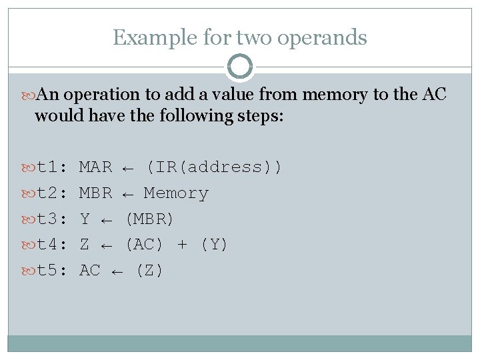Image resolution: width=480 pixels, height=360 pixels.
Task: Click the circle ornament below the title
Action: click(x=240, y=67)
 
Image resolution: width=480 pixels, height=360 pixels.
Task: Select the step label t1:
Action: click(x=53, y=167)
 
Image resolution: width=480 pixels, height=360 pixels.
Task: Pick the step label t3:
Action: click(x=53, y=219)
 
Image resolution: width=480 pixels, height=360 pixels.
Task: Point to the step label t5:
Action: click(x=53, y=271)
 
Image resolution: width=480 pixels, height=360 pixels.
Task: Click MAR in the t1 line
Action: click(x=95, y=167)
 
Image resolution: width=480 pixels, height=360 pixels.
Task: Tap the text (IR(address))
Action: click(x=214, y=167)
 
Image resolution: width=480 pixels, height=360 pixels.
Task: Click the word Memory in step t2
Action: click(x=176, y=193)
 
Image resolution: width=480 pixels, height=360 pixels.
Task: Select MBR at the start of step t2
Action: click(x=95, y=193)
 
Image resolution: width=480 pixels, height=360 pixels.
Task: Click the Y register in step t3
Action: click(x=85, y=219)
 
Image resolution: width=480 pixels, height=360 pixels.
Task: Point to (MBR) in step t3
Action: click(x=149, y=219)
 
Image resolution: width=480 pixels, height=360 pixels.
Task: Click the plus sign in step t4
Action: click(x=182, y=245)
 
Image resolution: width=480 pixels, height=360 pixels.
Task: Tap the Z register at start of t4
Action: click(x=85, y=245)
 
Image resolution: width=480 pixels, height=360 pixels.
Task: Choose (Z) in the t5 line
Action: click(x=149, y=271)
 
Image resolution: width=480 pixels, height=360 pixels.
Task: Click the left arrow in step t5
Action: click(x=117, y=271)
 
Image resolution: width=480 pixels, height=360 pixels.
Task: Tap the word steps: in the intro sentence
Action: click(x=259, y=116)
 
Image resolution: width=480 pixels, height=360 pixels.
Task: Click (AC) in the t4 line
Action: click(x=144, y=245)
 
